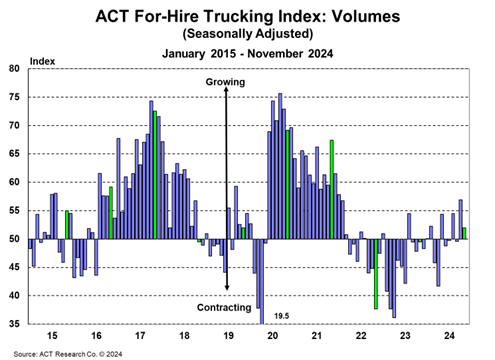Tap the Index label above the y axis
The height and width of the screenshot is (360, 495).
tap(43, 61)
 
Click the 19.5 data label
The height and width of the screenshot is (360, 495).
tap(281, 316)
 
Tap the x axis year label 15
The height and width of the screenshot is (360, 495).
tap(51, 337)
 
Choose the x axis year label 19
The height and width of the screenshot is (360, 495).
tap(227, 337)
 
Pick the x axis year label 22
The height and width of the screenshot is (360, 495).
tap(360, 337)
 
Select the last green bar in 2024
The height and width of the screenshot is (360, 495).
tap(464, 233)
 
